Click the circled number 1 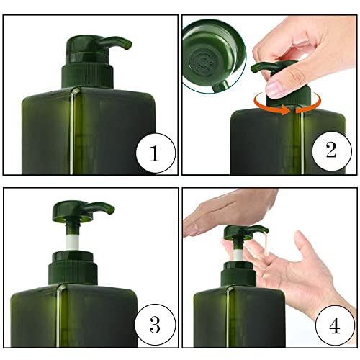(x=156, y=153)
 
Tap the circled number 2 (x=332, y=150)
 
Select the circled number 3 (x=155, y=325)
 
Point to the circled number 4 (x=335, y=325)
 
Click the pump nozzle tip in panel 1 (x=128, y=45)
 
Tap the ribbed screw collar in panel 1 (x=87, y=76)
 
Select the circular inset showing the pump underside (x=214, y=55)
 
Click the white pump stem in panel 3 (x=72, y=243)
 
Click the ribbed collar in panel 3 (x=73, y=274)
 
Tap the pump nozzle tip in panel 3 (x=112, y=209)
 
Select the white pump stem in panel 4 (x=238, y=256)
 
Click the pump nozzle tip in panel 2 (x=254, y=68)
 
